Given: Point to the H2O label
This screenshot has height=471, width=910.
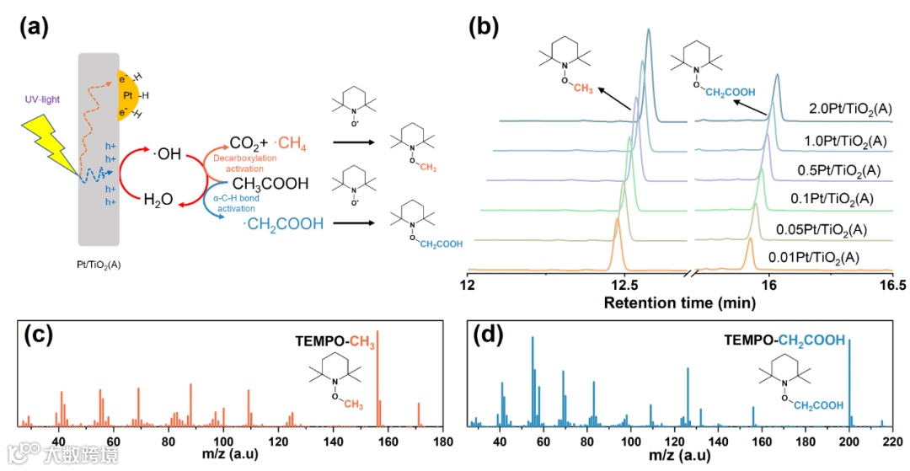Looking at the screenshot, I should point(160,200).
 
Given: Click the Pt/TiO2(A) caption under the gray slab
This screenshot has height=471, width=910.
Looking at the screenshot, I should point(101,264).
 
